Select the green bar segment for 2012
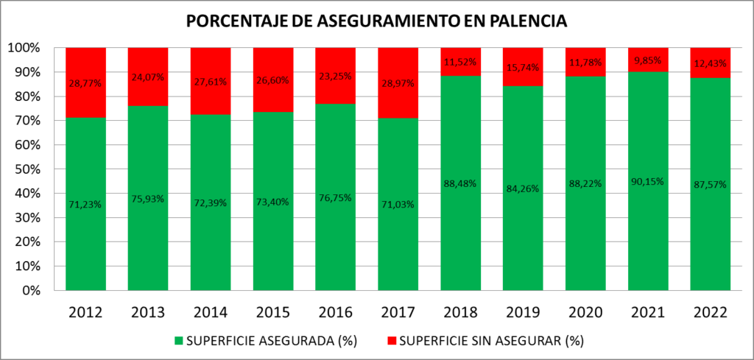[85, 221]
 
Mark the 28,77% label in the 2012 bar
[85, 83]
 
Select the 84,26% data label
[523, 188]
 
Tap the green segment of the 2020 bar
[585, 221]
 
